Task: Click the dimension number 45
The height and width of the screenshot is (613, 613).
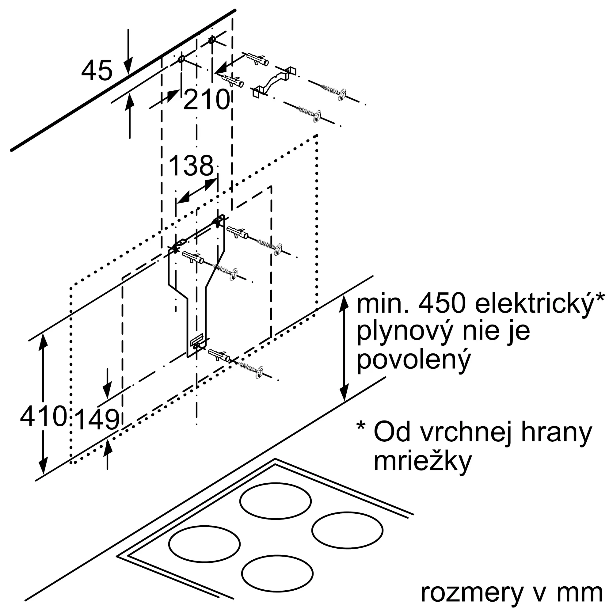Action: tap(97, 70)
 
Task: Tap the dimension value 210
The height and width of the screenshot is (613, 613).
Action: tap(206, 100)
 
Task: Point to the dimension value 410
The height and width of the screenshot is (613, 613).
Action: tap(44, 416)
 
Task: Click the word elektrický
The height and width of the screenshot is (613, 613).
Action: tap(534, 305)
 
